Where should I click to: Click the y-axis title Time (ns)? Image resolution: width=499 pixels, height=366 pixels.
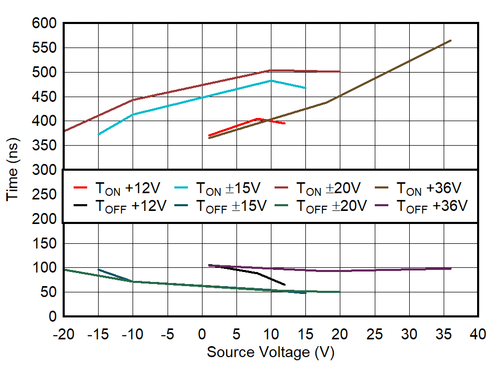pyautogui.click(x=13, y=170)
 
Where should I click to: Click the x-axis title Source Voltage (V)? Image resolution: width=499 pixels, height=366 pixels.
pyautogui.click(x=270, y=352)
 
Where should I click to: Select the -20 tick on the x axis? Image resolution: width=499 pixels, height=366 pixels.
pyautogui.click(x=63, y=334)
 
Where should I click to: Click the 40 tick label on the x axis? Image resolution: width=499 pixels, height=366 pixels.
pyautogui.click(x=478, y=334)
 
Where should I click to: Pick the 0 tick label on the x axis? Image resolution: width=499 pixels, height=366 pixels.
pyautogui.click(x=201, y=334)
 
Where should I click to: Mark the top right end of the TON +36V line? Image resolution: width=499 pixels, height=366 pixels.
pyautogui.click(x=450, y=40)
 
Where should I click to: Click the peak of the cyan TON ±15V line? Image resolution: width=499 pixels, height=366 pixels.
pyautogui.click(x=270, y=80)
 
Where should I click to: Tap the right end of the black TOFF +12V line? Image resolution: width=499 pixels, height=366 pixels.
pyautogui.click(x=284, y=285)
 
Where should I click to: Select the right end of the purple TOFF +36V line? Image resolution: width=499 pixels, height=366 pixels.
pyautogui.click(x=450, y=268)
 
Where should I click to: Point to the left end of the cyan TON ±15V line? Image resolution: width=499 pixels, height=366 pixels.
pyautogui.click(x=98, y=135)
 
